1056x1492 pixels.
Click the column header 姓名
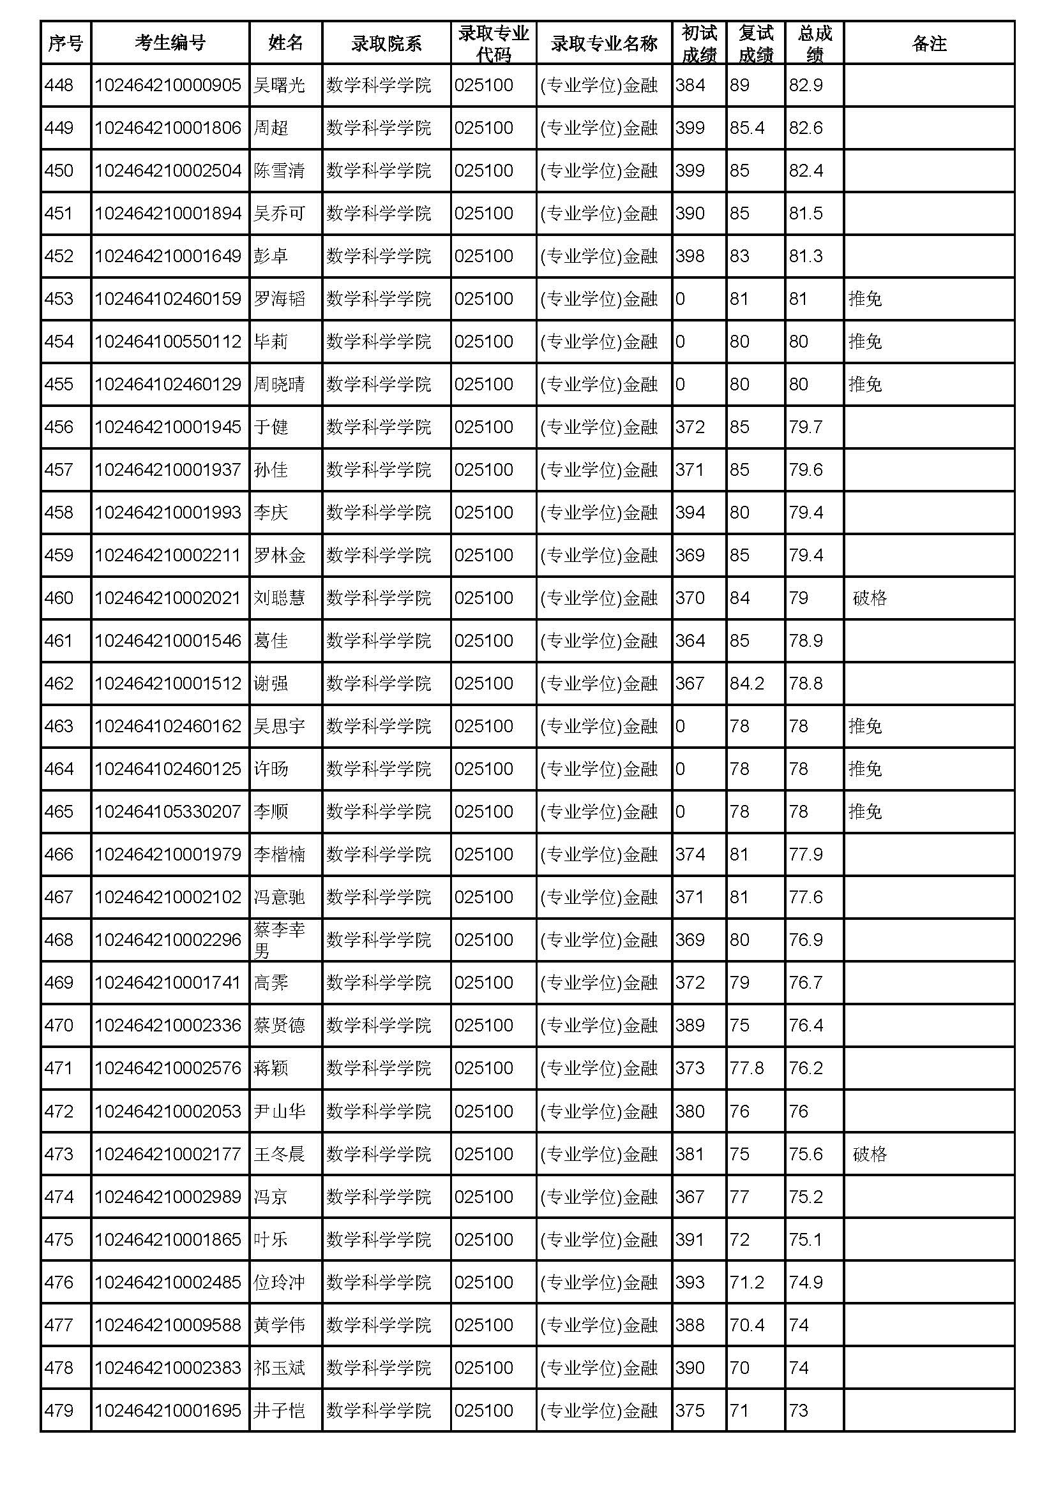coord(285,43)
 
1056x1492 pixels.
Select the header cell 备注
coord(928,43)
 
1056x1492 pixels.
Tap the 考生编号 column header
coord(170,43)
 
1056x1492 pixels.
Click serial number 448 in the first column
coord(59,85)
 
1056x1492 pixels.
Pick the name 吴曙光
coord(279,85)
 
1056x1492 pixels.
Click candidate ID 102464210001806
coord(168,128)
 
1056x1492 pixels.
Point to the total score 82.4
coord(806,170)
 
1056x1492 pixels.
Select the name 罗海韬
coord(279,299)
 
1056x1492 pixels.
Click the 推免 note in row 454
coord(865,342)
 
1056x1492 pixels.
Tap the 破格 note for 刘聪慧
coord(870,598)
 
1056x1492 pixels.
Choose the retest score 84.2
coord(746,684)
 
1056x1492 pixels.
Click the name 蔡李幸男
coord(279,940)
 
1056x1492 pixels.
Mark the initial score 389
coord(690,1026)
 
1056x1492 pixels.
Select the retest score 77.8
coord(746,1068)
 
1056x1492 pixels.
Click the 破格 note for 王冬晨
coord(870,1154)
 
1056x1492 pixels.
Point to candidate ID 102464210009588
coord(168,1325)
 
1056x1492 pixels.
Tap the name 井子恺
coord(279,1411)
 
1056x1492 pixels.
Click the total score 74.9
coord(806,1282)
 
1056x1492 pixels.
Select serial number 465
coord(59,811)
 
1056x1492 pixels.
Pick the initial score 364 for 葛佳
coord(690,640)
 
